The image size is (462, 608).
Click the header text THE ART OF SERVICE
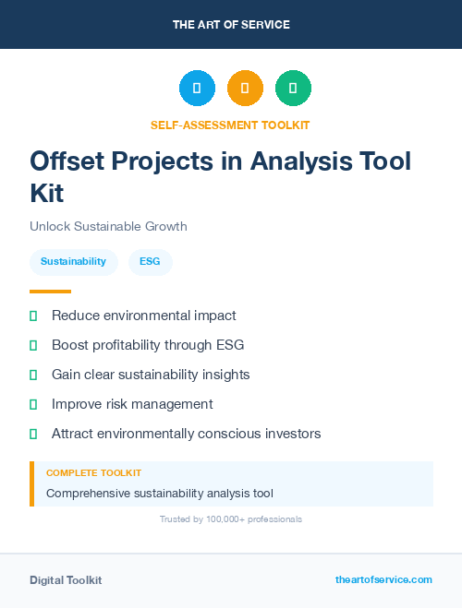click(231, 25)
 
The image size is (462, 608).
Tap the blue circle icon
click(197, 89)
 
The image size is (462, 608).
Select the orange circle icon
click(245, 89)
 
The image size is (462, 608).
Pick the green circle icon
click(293, 89)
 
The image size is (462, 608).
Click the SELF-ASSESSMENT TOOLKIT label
click(231, 125)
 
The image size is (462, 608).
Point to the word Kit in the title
click(47, 193)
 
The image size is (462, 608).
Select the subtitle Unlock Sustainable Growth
click(108, 226)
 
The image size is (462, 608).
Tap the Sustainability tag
click(73, 262)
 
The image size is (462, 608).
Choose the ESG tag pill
click(150, 262)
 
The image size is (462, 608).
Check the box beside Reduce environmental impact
click(33, 316)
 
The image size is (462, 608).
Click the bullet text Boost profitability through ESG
click(148, 345)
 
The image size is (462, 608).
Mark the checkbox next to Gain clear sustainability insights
click(33, 376)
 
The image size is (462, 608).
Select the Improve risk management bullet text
click(132, 404)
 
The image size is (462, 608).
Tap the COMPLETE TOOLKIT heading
click(93, 472)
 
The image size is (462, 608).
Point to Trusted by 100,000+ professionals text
click(231, 519)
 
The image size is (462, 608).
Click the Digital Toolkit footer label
click(66, 580)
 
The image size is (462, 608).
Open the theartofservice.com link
click(383, 579)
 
